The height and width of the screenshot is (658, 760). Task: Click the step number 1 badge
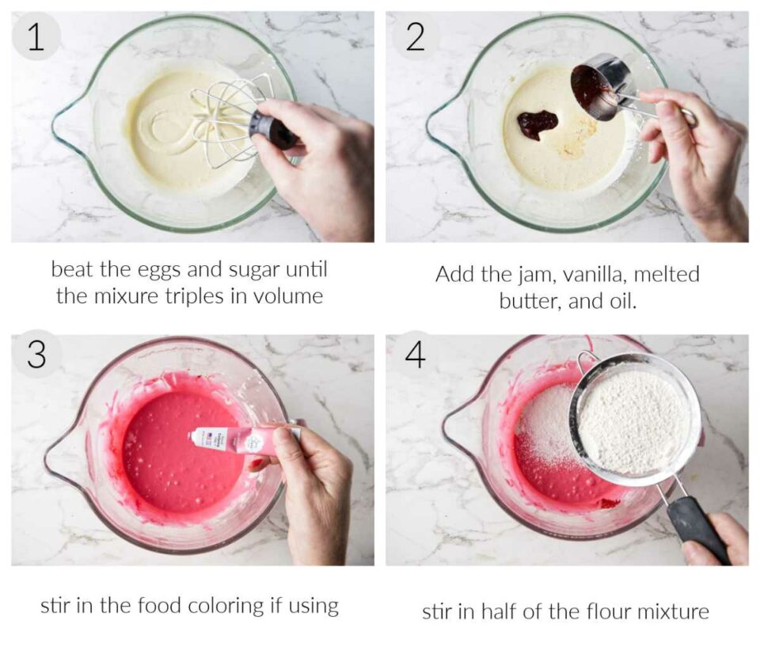point(36,36)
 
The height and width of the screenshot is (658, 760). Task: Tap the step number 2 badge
point(415,36)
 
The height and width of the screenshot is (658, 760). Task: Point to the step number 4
point(416,355)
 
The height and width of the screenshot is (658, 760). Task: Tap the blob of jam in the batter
point(537,124)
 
